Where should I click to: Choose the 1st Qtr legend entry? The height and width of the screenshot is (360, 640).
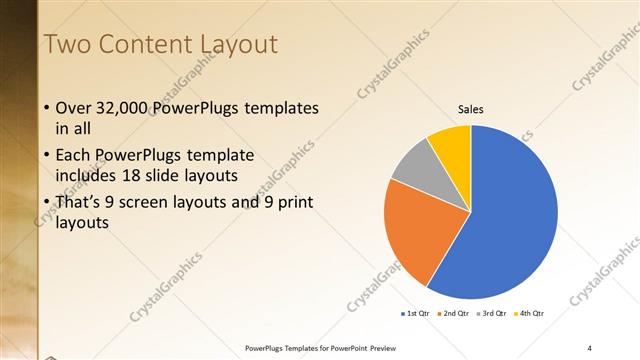[416, 314]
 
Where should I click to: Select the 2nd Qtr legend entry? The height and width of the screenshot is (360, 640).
[455, 314]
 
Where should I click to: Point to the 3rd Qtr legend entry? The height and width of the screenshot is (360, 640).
[493, 314]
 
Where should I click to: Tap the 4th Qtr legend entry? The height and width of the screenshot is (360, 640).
[530, 314]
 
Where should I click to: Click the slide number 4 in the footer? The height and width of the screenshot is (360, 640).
[589, 347]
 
